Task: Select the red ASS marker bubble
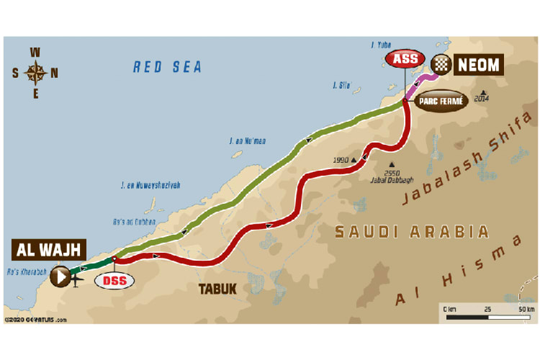pyautogui.click(x=405, y=59)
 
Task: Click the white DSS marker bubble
pyautogui.click(x=113, y=279)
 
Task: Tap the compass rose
pyautogui.click(x=36, y=73)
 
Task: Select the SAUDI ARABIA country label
pyautogui.click(x=411, y=232)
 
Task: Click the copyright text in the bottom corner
pyautogui.click(x=36, y=319)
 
